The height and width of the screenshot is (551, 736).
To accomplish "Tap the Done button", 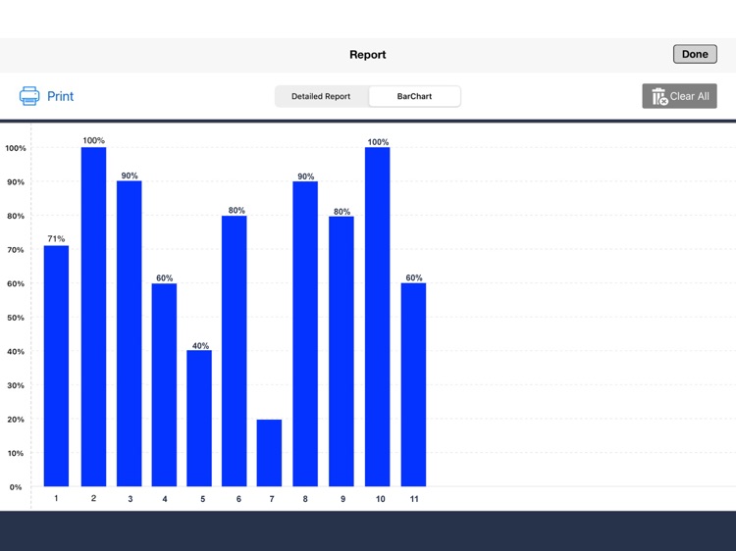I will click(695, 54).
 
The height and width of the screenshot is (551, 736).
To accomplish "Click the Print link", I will click(60, 96).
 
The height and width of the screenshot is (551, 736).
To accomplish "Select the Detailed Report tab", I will click(321, 96).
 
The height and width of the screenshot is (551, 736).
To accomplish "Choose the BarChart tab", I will click(414, 96).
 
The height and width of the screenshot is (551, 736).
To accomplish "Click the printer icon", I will click(29, 96).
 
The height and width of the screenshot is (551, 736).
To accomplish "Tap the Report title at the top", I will click(368, 55).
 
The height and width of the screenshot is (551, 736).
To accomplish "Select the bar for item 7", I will click(269, 453).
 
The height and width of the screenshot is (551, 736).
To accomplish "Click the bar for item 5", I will click(199, 419).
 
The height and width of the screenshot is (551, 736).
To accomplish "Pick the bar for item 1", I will click(56, 366).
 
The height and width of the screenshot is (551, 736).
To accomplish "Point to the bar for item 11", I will click(413, 384).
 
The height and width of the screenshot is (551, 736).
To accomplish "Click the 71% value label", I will click(56, 239).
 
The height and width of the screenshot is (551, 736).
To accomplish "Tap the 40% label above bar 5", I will click(199, 345).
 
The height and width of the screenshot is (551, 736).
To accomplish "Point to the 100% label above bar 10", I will click(378, 142).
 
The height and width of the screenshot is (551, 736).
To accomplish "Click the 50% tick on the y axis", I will click(15, 318).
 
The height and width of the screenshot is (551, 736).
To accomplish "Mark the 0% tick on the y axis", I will click(15, 487).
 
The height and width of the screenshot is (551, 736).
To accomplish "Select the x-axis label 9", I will click(342, 499).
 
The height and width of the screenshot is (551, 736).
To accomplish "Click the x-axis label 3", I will click(130, 499).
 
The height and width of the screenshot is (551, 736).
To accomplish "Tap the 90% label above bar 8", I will click(305, 176).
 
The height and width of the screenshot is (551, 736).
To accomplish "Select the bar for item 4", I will click(164, 384).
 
